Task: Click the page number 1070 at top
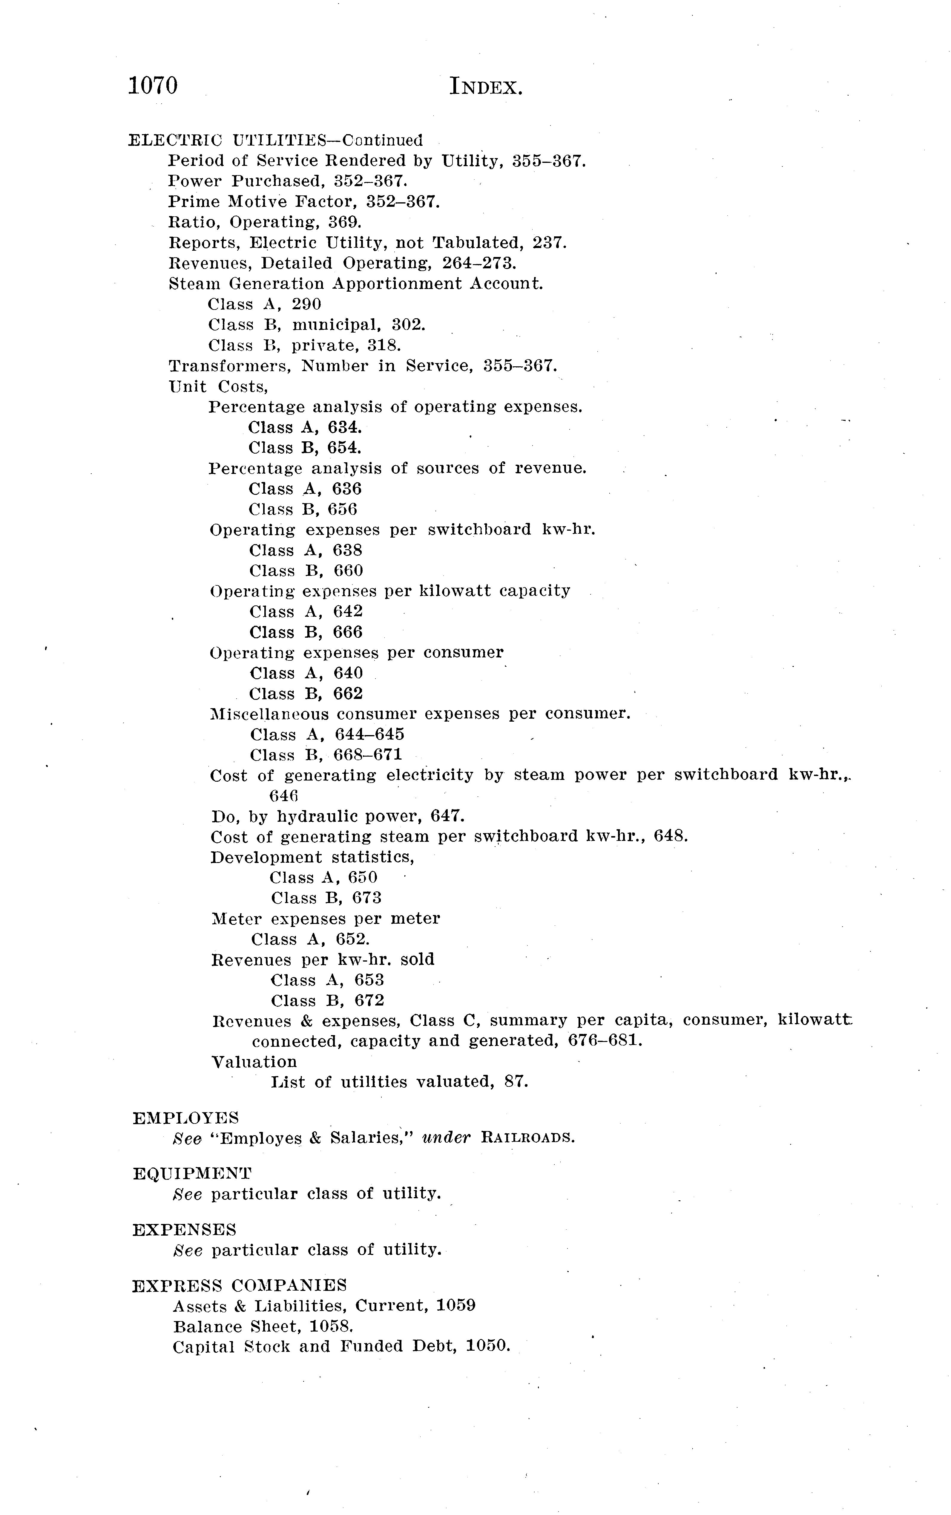point(153,85)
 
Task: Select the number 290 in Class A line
point(306,304)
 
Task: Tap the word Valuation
point(254,1062)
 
